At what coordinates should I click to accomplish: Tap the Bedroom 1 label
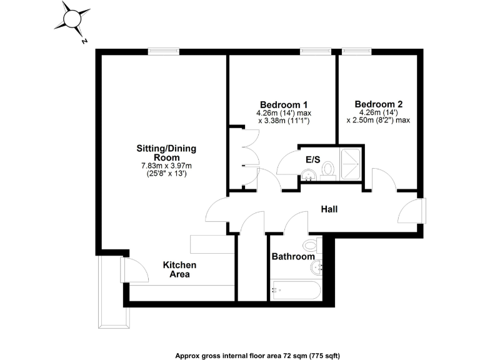pos(284,104)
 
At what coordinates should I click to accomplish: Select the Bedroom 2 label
pos(378,104)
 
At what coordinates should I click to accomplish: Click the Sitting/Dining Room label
pos(166,153)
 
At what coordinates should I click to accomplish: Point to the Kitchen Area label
pos(180,269)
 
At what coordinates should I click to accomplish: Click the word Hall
pos(329,209)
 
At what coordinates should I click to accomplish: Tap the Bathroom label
pos(292,257)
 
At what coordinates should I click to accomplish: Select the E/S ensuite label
pos(312,160)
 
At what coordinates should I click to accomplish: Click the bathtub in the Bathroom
pos(296,290)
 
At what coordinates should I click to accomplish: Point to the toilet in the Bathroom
pos(311,244)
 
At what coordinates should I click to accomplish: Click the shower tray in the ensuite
pos(351,164)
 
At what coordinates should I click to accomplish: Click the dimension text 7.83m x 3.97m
pos(166,166)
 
